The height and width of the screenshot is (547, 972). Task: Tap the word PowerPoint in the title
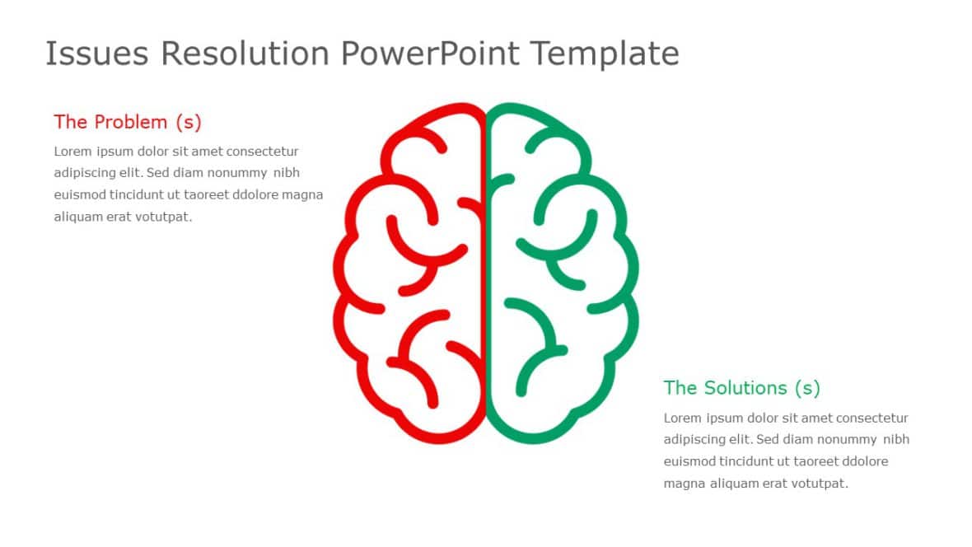429,54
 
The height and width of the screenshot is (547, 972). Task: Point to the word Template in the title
605,54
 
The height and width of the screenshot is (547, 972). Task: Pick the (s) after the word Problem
188,122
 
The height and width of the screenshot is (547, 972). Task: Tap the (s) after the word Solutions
807,387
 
